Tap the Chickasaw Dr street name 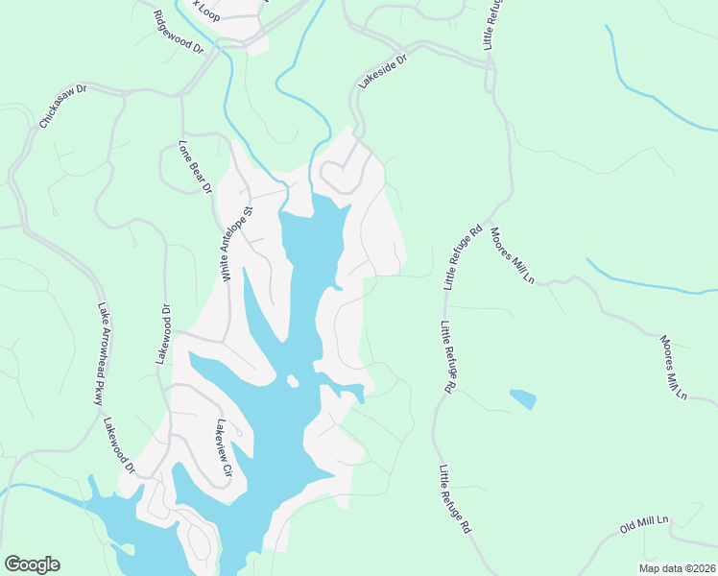click(x=62, y=106)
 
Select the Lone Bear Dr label click(x=195, y=168)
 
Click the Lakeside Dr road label click(x=383, y=71)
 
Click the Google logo click(x=32, y=564)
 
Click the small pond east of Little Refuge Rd click(x=523, y=398)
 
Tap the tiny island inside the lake click(x=293, y=381)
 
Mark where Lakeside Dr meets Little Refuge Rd click(x=491, y=66)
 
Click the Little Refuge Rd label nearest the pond click(x=446, y=357)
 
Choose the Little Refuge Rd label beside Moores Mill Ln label click(x=462, y=258)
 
